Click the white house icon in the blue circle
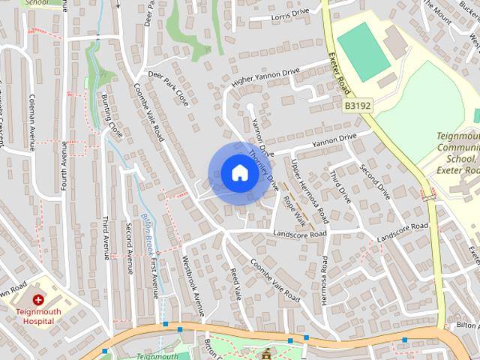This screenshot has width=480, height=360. click(238, 173)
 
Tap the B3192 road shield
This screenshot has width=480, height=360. click(358, 106)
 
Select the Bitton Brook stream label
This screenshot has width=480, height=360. click(148, 232)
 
